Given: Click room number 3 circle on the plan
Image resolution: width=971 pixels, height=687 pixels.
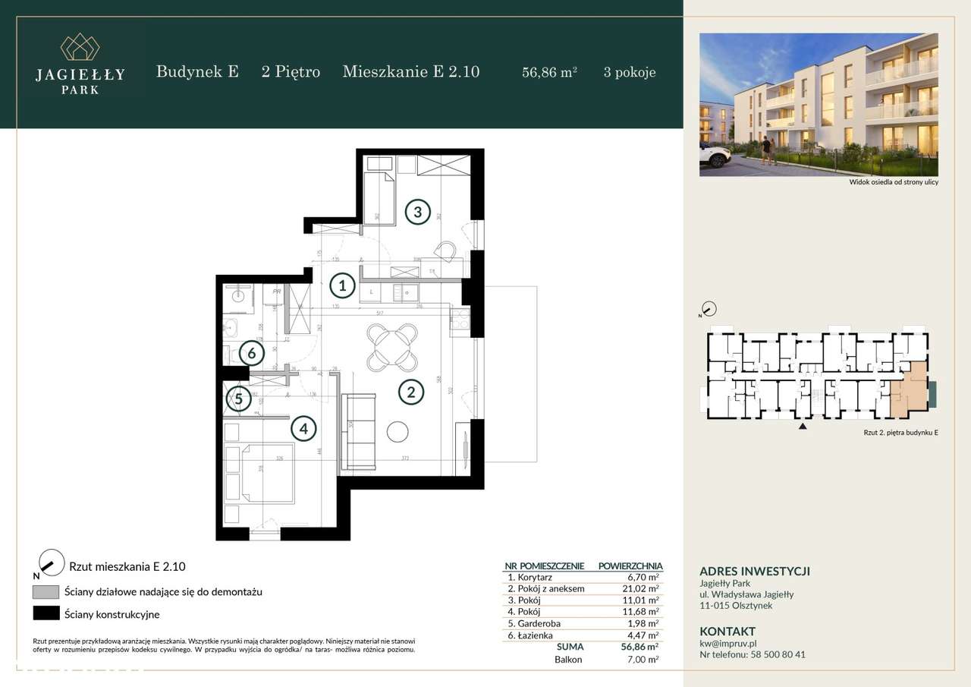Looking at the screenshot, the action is (417, 211).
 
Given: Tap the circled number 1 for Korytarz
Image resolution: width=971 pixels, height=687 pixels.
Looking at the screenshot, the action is (343, 285).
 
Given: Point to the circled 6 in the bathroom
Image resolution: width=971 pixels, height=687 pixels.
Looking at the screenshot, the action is (250, 353).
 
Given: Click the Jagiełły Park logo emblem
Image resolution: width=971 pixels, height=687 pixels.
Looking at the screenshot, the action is (79, 47).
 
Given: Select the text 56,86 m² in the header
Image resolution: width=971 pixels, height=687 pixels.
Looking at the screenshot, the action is (549, 73).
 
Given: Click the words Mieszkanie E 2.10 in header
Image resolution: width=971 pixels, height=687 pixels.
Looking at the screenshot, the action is (410, 72).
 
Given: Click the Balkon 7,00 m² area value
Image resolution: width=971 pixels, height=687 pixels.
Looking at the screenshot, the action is (643, 660).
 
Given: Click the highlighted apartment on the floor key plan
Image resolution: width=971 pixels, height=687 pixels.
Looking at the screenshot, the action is (909, 391).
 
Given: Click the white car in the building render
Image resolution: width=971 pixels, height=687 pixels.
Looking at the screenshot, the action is (715, 156).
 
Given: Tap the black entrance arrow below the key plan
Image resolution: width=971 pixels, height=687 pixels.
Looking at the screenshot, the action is (803, 427).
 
